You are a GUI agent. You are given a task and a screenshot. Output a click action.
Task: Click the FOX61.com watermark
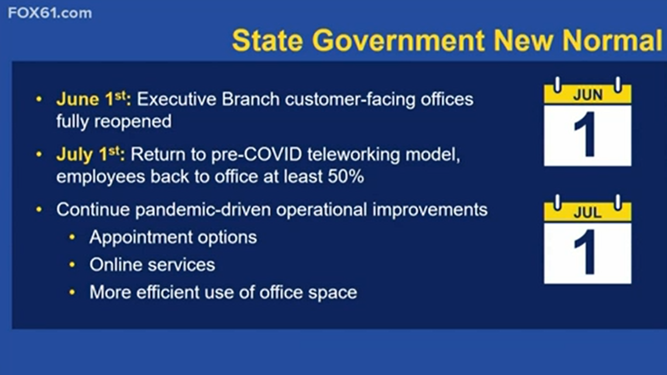[x=50, y=13]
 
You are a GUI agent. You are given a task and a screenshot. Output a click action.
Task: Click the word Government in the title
[x=398, y=40]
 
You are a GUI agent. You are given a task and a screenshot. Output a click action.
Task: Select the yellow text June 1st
[x=93, y=99]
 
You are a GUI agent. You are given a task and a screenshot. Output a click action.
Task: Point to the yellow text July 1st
[x=90, y=154]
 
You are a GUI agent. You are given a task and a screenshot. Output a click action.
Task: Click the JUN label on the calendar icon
[x=587, y=94]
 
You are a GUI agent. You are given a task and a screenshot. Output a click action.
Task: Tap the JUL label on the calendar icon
[x=587, y=212]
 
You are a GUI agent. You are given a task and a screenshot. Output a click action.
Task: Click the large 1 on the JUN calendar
[x=586, y=134]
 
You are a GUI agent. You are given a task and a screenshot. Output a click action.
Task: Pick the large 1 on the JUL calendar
[x=586, y=252]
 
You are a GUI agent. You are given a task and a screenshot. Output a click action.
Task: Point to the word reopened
[x=133, y=122]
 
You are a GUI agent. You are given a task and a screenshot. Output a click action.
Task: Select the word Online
[x=114, y=264]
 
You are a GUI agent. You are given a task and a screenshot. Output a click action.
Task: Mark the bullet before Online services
[x=73, y=265]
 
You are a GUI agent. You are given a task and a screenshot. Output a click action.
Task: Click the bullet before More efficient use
[x=73, y=293]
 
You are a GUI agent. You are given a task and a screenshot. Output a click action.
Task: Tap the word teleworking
[x=353, y=155]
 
